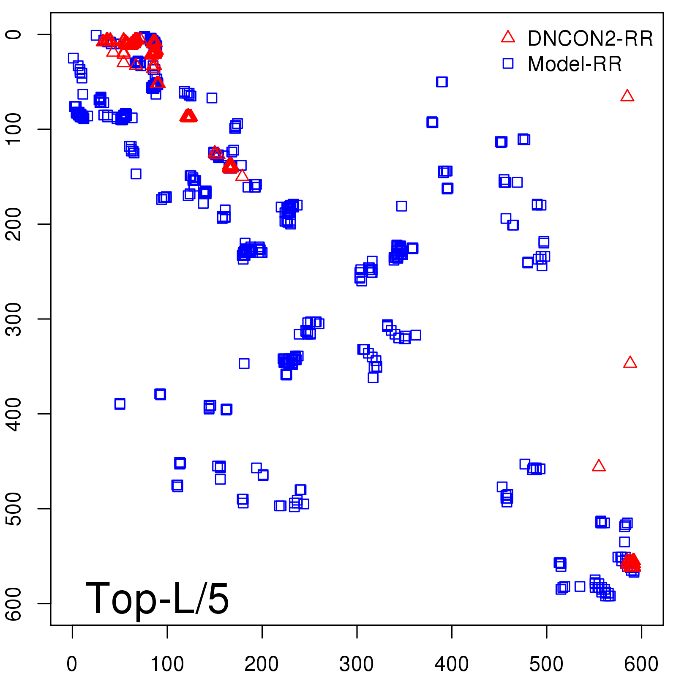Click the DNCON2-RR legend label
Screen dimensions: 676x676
coord(590,39)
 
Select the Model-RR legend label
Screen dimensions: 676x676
coord(575,64)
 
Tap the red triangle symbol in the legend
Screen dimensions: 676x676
coord(508,37)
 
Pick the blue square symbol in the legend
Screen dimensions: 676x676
coord(508,63)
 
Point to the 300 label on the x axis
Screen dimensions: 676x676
coord(357,664)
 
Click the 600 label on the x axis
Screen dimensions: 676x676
coord(641,664)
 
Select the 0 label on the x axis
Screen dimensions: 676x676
coord(72,664)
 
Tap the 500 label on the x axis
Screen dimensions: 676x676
coord(546,664)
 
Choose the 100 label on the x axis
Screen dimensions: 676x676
coord(167,664)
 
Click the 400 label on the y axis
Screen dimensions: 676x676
coord(15,414)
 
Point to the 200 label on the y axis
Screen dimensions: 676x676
coord(15,224)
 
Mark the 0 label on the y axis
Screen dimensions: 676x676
coord(15,34)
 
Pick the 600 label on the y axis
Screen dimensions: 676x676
coord(15,603)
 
